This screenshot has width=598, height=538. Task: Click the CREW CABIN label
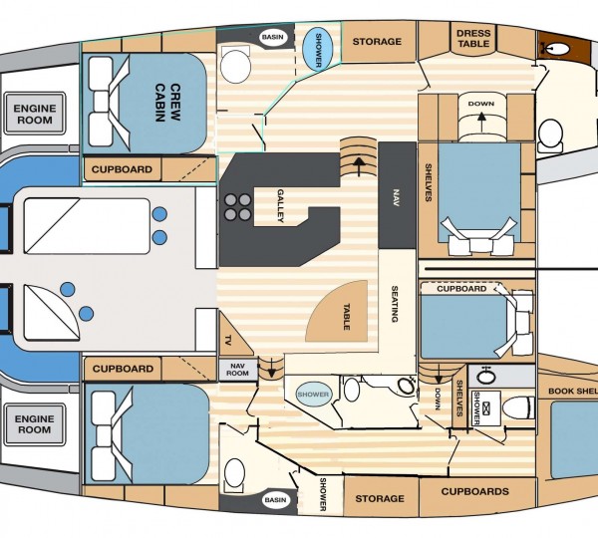pyautogui.click(x=167, y=103)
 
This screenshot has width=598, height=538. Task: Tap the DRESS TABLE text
pyautogui.click(x=472, y=39)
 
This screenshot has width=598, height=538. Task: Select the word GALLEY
pyautogui.click(x=281, y=205)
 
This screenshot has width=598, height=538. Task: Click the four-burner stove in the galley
pyautogui.click(x=237, y=207)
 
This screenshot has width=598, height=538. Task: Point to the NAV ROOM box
pyautogui.click(x=237, y=370)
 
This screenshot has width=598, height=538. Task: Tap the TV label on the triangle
pyautogui.click(x=228, y=339)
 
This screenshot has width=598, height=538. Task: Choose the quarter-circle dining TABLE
pyautogui.click(x=337, y=311)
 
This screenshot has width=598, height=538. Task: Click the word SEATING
pyautogui.click(x=395, y=304)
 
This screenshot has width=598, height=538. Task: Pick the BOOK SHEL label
pyautogui.click(x=573, y=392)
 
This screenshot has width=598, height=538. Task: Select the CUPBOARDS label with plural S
pyautogui.click(x=474, y=491)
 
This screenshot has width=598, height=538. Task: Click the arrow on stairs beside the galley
pyautogui.click(x=358, y=166)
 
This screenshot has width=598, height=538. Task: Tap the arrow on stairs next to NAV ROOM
pyautogui.click(x=271, y=368)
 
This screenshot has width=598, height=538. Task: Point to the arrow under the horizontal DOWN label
pyautogui.click(x=481, y=122)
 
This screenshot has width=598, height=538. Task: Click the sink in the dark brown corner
pyautogui.click(x=557, y=49)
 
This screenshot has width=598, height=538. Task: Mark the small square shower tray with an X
pyautogui.click(x=486, y=408)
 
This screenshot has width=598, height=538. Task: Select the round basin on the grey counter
pyautogui.click(x=485, y=377)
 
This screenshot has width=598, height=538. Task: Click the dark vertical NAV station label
pyautogui.click(x=397, y=197)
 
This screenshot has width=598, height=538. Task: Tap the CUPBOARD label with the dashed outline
pyautogui.click(x=461, y=289)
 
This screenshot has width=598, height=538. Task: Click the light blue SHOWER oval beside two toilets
pyautogui.click(x=313, y=395)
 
